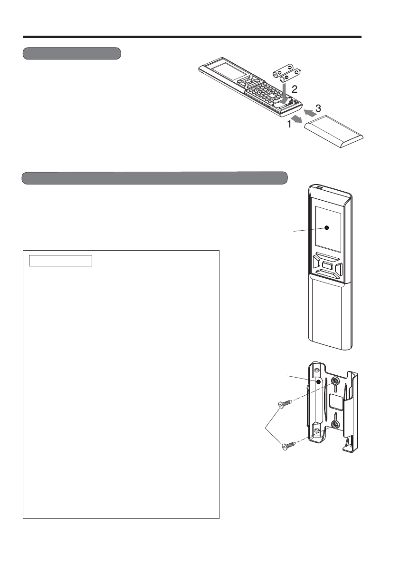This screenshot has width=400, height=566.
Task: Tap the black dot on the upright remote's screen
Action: (327, 228)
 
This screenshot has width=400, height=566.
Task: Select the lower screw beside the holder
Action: (289, 446)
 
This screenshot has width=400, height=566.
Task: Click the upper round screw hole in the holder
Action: (335, 381)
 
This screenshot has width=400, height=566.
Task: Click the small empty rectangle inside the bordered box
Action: (60, 261)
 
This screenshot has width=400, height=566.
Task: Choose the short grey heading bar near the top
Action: (72, 53)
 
